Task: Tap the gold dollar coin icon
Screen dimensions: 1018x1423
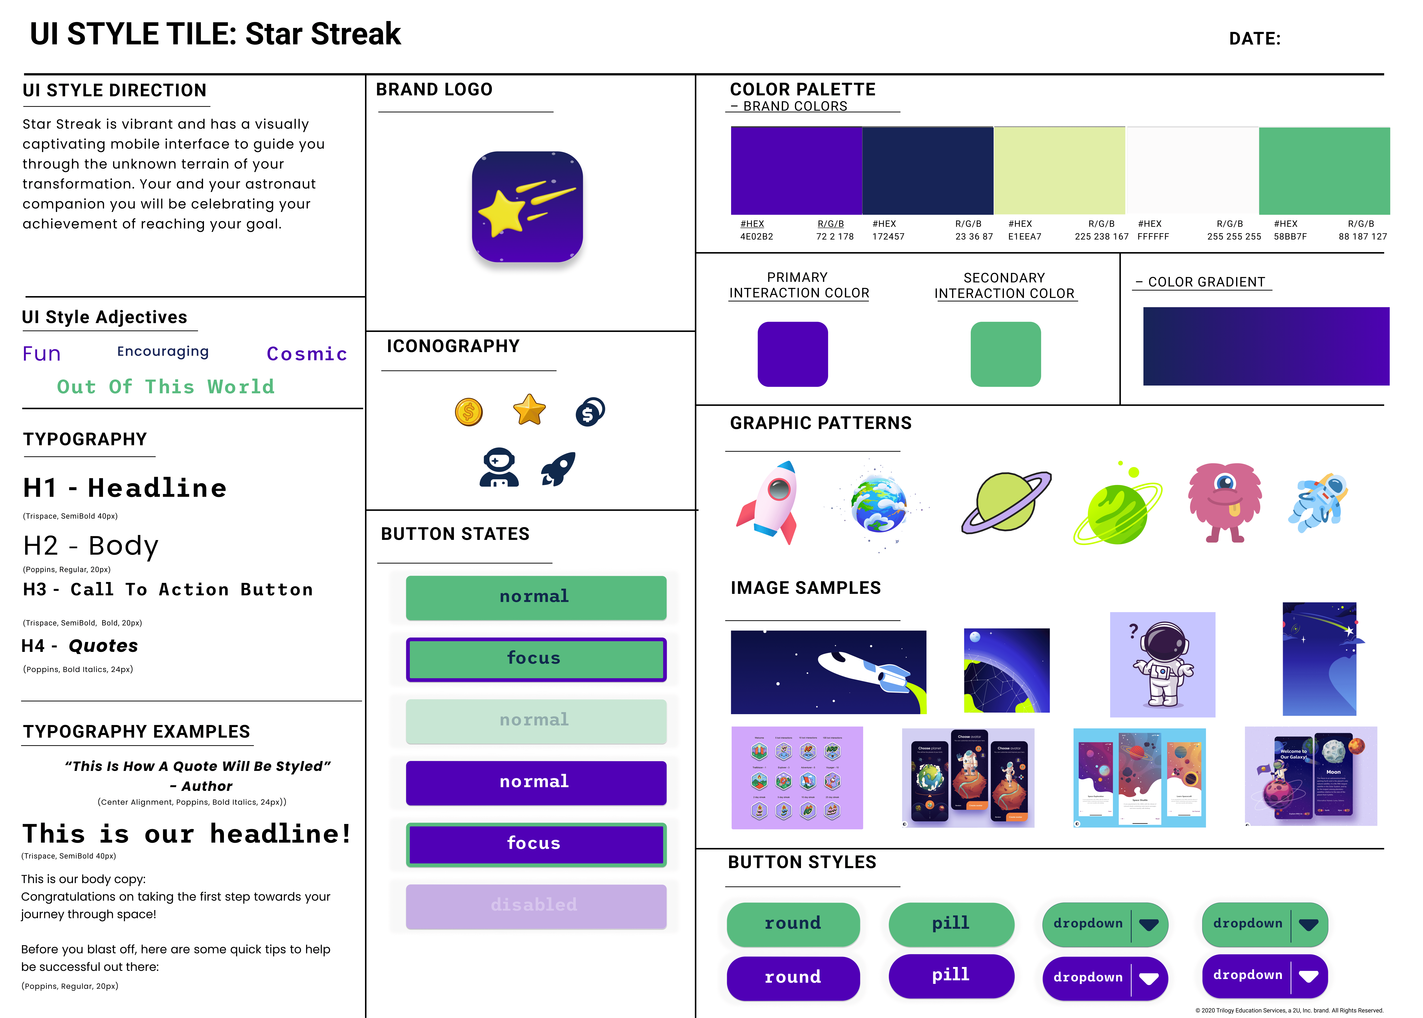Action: click(469, 412)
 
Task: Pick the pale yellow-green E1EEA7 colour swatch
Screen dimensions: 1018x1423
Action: click(1059, 171)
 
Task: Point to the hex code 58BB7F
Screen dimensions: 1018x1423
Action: click(1290, 236)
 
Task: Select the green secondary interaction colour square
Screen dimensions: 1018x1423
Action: click(1005, 354)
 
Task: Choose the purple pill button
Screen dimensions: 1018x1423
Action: click(951, 975)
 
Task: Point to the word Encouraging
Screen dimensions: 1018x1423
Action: click(163, 352)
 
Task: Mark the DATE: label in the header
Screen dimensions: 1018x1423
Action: click(1254, 39)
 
